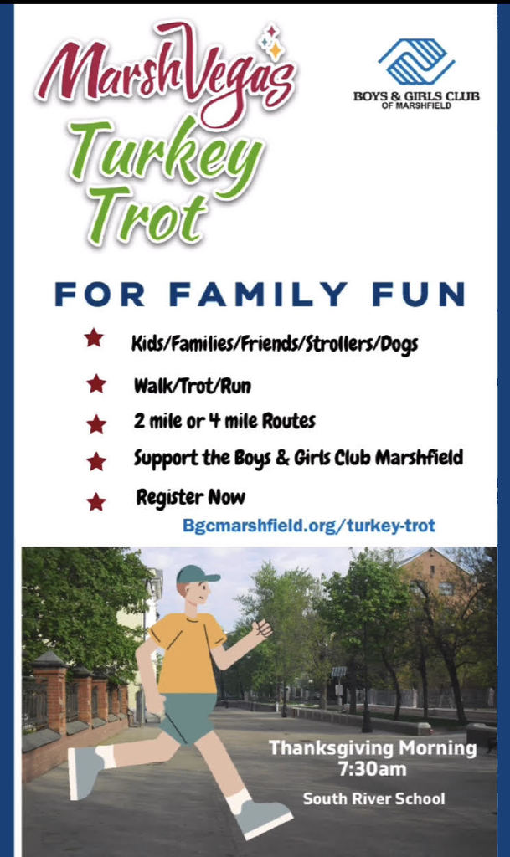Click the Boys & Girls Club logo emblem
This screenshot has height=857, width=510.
pos(416,62)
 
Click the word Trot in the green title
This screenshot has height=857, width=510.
pos(147,215)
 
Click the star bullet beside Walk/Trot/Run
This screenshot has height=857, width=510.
pos(96,384)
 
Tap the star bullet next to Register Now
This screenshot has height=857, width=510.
pos(96,501)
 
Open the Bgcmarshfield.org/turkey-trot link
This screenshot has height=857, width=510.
pos(309,526)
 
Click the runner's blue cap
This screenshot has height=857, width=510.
pos(197,574)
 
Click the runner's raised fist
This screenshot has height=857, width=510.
pos(262,628)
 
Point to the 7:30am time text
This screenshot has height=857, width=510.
pos(373,769)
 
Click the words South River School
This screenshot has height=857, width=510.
pos(373,798)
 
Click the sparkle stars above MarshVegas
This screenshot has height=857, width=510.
pos(271,42)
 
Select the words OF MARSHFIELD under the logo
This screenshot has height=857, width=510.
pos(416,105)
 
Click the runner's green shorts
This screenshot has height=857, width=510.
pos(187,716)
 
